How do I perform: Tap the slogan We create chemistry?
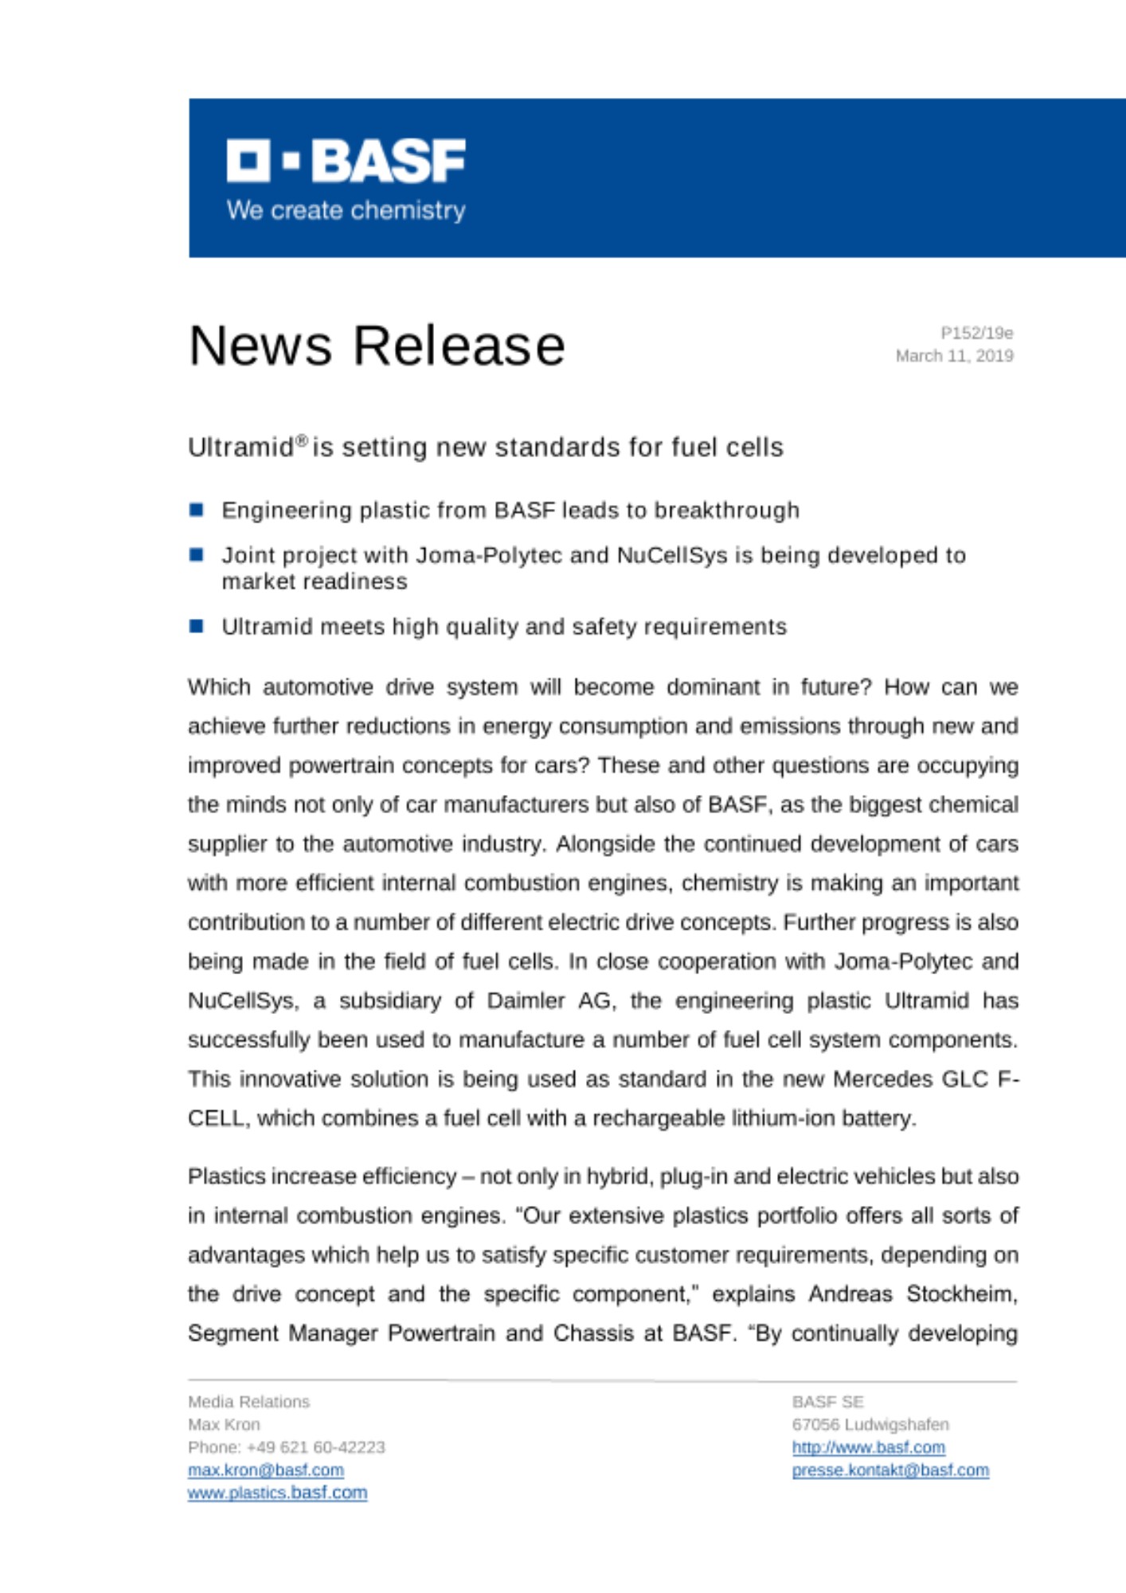pyautogui.click(x=346, y=210)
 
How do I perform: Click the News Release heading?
pyautogui.click(x=377, y=346)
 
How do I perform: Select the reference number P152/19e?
pyautogui.click(x=976, y=333)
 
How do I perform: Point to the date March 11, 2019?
pyautogui.click(x=954, y=356)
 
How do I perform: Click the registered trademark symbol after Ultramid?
pyautogui.click(x=302, y=440)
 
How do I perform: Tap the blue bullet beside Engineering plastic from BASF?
pyautogui.click(x=197, y=510)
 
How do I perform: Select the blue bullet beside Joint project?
pyautogui.click(x=197, y=554)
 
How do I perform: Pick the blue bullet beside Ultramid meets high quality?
pyautogui.click(x=197, y=626)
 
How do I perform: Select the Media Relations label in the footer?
pyautogui.click(x=248, y=1402)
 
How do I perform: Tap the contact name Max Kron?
pyautogui.click(x=224, y=1424)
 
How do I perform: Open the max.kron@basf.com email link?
pyautogui.click(x=266, y=1470)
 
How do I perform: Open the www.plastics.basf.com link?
pyautogui.click(x=277, y=1493)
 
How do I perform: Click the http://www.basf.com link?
pyautogui.click(x=868, y=1447)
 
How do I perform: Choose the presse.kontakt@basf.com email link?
pyautogui.click(x=890, y=1470)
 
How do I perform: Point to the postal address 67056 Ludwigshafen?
pyautogui.click(x=870, y=1424)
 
